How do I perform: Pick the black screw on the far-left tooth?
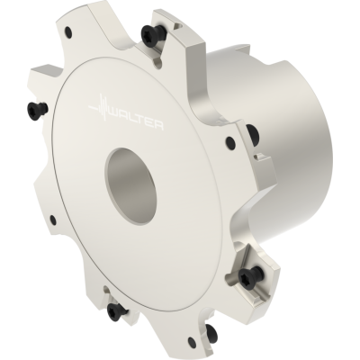[38, 108]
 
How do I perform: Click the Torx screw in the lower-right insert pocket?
[251, 274]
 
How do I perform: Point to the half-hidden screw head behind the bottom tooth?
[212, 323]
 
